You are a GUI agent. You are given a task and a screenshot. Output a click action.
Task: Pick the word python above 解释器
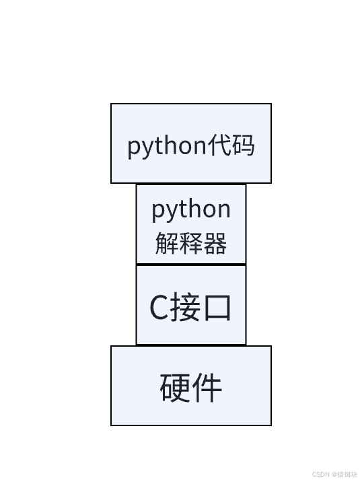coord(190,210)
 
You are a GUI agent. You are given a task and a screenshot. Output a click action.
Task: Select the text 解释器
coord(190,243)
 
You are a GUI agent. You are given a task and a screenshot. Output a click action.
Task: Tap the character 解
coord(166,243)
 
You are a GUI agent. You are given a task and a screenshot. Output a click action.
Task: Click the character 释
coord(190,243)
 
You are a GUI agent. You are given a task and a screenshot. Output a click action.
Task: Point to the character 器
coord(215,243)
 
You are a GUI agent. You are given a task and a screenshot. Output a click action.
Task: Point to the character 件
coord(207,387)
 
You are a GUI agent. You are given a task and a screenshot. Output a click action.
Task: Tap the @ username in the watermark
coord(343,474)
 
